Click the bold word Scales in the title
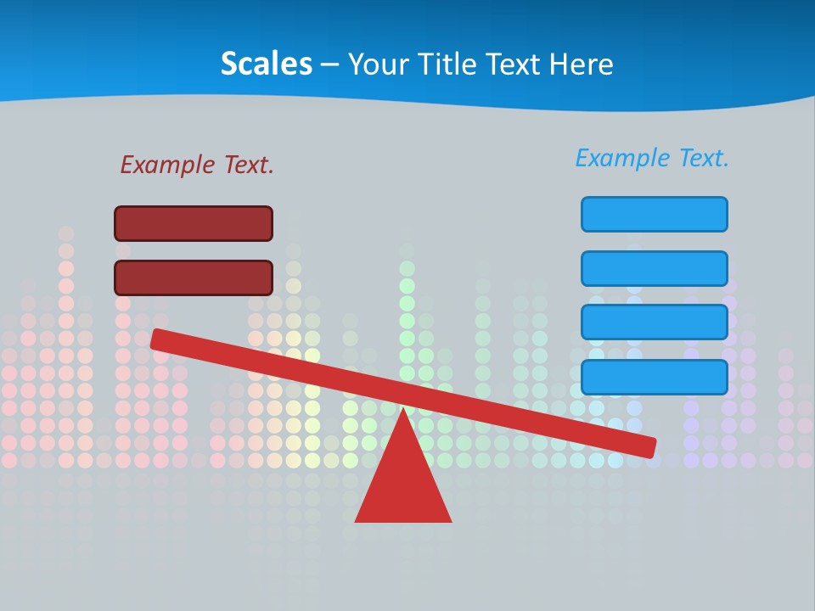(266, 64)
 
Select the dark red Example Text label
(197, 165)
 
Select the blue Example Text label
(652, 158)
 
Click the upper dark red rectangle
(194, 223)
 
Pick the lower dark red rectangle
(194, 277)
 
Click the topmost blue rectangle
(654, 214)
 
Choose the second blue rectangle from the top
(654, 268)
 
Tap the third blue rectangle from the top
(654, 322)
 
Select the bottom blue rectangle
(654, 377)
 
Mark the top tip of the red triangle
(403, 409)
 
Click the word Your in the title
(378, 64)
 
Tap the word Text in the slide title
(514, 64)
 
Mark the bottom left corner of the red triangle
(357, 520)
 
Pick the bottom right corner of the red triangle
(450, 520)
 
